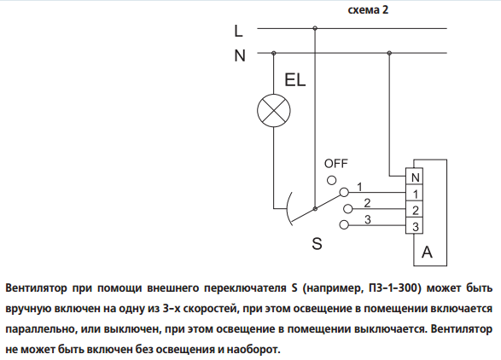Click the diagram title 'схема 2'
[368, 10]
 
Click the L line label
[238, 31]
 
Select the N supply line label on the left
[240, 55]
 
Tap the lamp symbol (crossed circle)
[274, 111]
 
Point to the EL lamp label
[295, 80]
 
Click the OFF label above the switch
[335, 164]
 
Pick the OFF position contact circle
[332, 181]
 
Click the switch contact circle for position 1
[344, 192]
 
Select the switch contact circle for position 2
[347, 209]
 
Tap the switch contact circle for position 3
[344, 225]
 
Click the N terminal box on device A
[415, 177]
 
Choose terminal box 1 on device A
[415, 193]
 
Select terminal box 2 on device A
[415, 209]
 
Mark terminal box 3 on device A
[415, 225]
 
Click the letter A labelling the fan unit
[427, 252]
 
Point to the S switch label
[317, 244]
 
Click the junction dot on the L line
[315, 28]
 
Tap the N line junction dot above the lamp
[273, 53]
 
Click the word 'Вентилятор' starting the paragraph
[37, 288]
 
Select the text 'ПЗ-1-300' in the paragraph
[393, 288]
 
